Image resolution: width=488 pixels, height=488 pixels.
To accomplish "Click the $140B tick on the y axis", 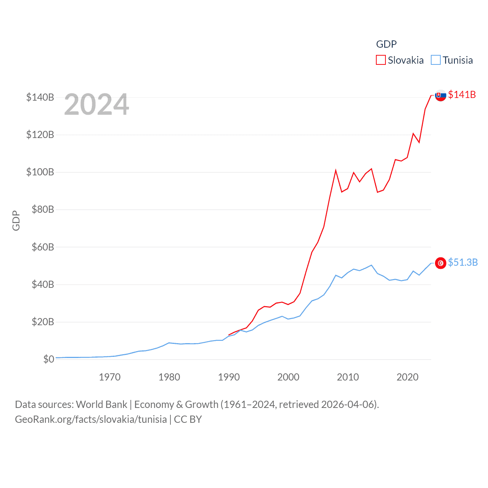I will [40, 97].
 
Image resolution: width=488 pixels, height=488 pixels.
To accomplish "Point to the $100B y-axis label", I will [40, 172].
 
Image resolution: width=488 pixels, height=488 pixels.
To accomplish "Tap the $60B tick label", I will [43, 247].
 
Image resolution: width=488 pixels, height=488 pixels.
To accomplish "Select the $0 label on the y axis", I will [48, 359].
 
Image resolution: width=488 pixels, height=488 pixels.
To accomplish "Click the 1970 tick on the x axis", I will [109, 377].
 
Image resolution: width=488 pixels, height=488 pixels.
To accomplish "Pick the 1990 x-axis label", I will [229, 377].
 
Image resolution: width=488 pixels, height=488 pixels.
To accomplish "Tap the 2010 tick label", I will [348, 377].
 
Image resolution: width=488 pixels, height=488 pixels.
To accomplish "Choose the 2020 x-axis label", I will [407, 377].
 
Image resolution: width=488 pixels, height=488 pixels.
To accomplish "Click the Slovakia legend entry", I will [406, 60].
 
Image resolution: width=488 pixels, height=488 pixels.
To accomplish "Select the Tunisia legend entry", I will [457, 60].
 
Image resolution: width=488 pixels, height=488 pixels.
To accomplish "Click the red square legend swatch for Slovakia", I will [381, 60].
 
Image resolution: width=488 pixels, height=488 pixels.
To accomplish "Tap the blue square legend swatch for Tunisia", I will [436, 60].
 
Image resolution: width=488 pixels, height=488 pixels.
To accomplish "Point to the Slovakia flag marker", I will [441, 95].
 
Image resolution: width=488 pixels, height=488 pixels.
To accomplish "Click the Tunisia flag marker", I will [441, 263].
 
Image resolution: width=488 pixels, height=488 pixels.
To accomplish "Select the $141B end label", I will [462, 95].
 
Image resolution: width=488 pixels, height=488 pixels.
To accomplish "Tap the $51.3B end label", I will [463, 262].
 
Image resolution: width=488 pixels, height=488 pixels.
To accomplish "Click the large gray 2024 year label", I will [96, 104].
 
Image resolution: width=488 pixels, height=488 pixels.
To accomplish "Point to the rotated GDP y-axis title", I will [16, 220].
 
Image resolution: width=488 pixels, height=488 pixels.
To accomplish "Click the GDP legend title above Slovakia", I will [386, 44].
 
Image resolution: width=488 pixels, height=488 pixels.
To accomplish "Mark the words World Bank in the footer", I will [101, 404].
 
